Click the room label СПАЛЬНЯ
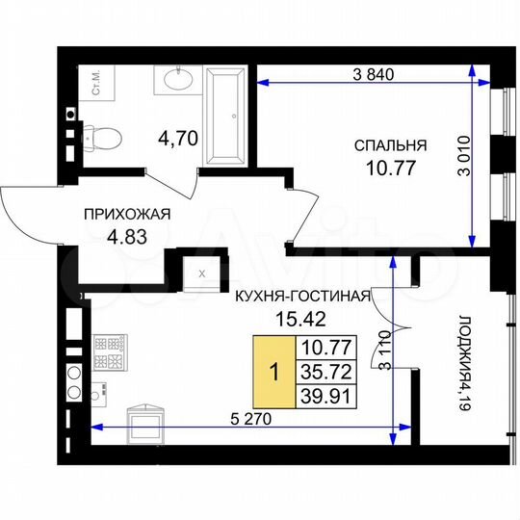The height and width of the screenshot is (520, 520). [x=389, y=146]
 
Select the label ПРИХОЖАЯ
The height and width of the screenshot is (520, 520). [x=125, y=216]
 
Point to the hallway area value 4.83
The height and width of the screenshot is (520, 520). [x=126, y=239]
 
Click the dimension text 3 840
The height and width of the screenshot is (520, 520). [x=377, y=74]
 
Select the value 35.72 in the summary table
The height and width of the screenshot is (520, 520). [x=325, y=370]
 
